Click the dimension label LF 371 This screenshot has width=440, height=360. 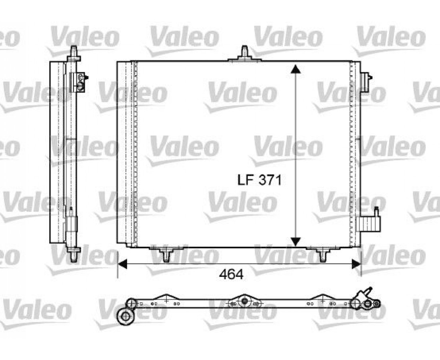(x=259, y=180)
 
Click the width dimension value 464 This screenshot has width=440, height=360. (x=231, y=274)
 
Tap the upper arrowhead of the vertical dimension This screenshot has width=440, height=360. (x=295, y=69)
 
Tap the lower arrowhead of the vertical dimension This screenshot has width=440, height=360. (x=295, y=242)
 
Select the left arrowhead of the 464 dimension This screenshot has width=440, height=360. (x=122, y=264)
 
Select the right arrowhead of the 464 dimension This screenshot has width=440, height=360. (x=356, y=264)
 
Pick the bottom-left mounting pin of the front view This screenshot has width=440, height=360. (x=167, y=254)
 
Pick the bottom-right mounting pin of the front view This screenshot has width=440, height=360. (x=323, y=254)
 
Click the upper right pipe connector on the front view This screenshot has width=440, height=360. (x=366, y=82)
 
